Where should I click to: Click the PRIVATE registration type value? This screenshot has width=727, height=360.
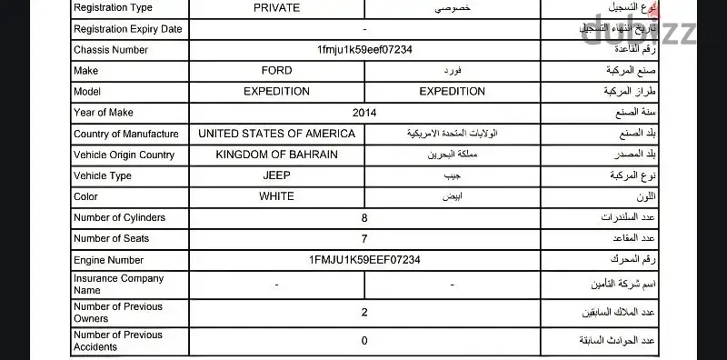pyautogui.click(x=276, y=7)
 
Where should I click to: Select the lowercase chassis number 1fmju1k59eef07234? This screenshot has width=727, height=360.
pyautogui.click(x=364, y=49)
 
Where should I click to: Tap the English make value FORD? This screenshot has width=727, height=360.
pyautogui.click(x=276, y=70)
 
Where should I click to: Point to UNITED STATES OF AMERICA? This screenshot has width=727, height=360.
pyautogui.click(x=276, y=134)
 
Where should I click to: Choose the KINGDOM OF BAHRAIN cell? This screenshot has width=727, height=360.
pyautogui.click(x=276, y=155)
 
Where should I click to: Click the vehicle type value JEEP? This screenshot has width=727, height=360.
pyautogui.click(x=276, y=175)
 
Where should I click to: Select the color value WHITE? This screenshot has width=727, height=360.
pyautogui.click(x=276, y=196)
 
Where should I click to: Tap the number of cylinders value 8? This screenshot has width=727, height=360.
pyautogui.click(x=364, y=218)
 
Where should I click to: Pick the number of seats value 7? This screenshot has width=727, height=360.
pyautogui.click(x=364, y=239)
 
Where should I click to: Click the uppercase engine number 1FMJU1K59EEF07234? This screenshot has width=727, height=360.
pyautogui.click(x=364, y=260)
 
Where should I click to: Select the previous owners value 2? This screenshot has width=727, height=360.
pyautogui.click(x=364, y=313)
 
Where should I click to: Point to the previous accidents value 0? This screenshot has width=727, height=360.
pyautogui.click(x=364, y=341)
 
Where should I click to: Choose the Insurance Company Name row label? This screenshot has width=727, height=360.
pyautogui.click(x=118, y=285)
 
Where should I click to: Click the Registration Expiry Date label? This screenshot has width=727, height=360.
pyautogui.click(x=127, y=28)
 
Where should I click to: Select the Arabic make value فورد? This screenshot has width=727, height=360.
pyautogui.click(x=452, y=70)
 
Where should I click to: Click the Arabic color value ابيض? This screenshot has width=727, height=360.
pyautogui.click(x=452, y=196)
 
